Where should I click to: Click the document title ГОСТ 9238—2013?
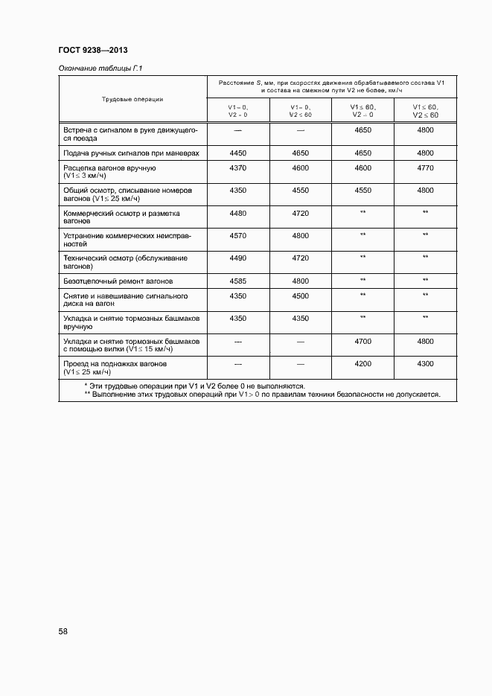point(93,51)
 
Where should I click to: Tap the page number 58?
point(63,630)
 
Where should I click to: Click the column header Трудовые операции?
point(132,98)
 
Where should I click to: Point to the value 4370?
point(238,168)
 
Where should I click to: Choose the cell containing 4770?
point(425,168)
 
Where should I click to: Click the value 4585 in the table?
point(238,281)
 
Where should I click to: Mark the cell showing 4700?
point(362,341)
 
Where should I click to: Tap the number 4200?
point(362,364)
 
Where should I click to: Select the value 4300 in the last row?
point(425,364)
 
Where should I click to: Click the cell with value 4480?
point(238,213)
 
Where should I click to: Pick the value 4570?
point(238,235)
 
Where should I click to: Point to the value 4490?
point(238,258)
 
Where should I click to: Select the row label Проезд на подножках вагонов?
point(115,364)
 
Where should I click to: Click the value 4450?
point(238,153)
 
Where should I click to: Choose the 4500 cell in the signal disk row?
point(301,296)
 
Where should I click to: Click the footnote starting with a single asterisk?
point(195,386)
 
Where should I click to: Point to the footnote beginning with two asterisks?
point(262,395)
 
